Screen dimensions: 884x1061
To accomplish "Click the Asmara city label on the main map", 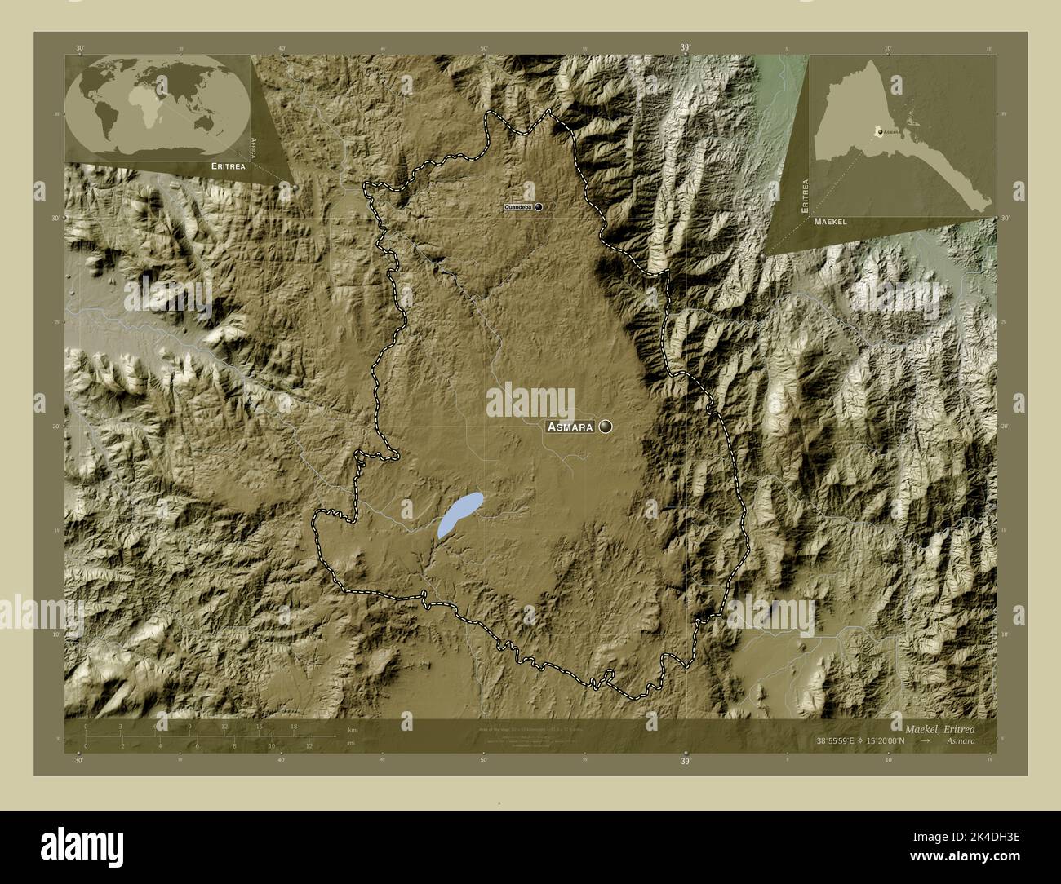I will (x=570, y=427).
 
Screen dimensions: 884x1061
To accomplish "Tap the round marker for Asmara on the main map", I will (x=606, y=426).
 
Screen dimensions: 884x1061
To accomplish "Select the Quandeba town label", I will (x=518, y=208).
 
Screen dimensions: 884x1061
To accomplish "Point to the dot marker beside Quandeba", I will (x=539, y=208).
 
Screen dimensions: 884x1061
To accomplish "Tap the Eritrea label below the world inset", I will (x=228, y=166).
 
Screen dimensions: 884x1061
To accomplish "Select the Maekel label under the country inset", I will (x=830, y=221).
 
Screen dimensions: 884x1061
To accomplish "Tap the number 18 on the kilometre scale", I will (x=294, y=727).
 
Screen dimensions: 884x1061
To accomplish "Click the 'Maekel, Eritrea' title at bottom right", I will (x=939, y=727).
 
